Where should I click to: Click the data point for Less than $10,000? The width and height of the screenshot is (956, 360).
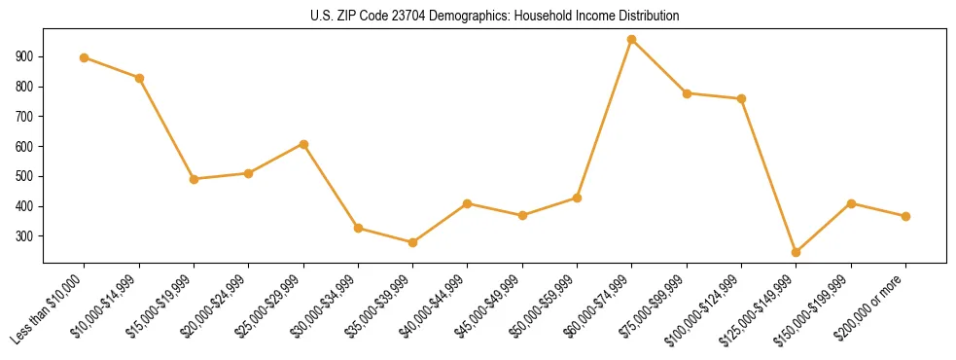[x=85, y=57]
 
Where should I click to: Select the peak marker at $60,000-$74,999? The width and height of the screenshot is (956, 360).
[x=632, y=40]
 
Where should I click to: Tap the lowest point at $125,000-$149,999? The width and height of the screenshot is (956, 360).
[x=797, y=252]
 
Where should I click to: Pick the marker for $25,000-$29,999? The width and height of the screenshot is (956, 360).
[x=303, y=144]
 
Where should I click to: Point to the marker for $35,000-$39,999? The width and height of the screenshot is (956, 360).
[x=413, y=242]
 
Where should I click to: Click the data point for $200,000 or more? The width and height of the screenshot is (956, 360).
[x=905, y=216]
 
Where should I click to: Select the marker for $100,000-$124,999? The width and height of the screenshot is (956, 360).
[x=742, y=98]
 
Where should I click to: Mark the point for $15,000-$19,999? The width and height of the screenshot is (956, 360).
[x=195, y=179]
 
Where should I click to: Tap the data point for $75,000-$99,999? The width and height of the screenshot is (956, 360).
[x=687, y=93]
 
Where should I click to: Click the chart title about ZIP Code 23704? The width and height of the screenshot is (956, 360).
[x=495, y=17]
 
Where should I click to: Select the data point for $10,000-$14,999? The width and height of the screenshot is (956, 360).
[x=140, y=78]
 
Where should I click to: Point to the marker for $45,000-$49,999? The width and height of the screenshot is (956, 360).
[x=522, y=215]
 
